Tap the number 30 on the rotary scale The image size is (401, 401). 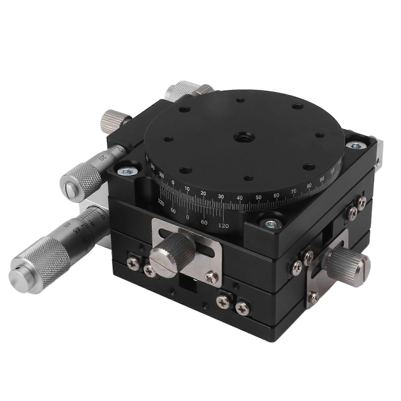(x=221, y=197)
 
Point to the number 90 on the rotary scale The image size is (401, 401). (x=322, y=179)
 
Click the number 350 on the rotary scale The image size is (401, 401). (x=162, y=176)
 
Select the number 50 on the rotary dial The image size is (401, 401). (x=258, y=197)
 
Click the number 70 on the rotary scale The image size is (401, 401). (x=294, y=191)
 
